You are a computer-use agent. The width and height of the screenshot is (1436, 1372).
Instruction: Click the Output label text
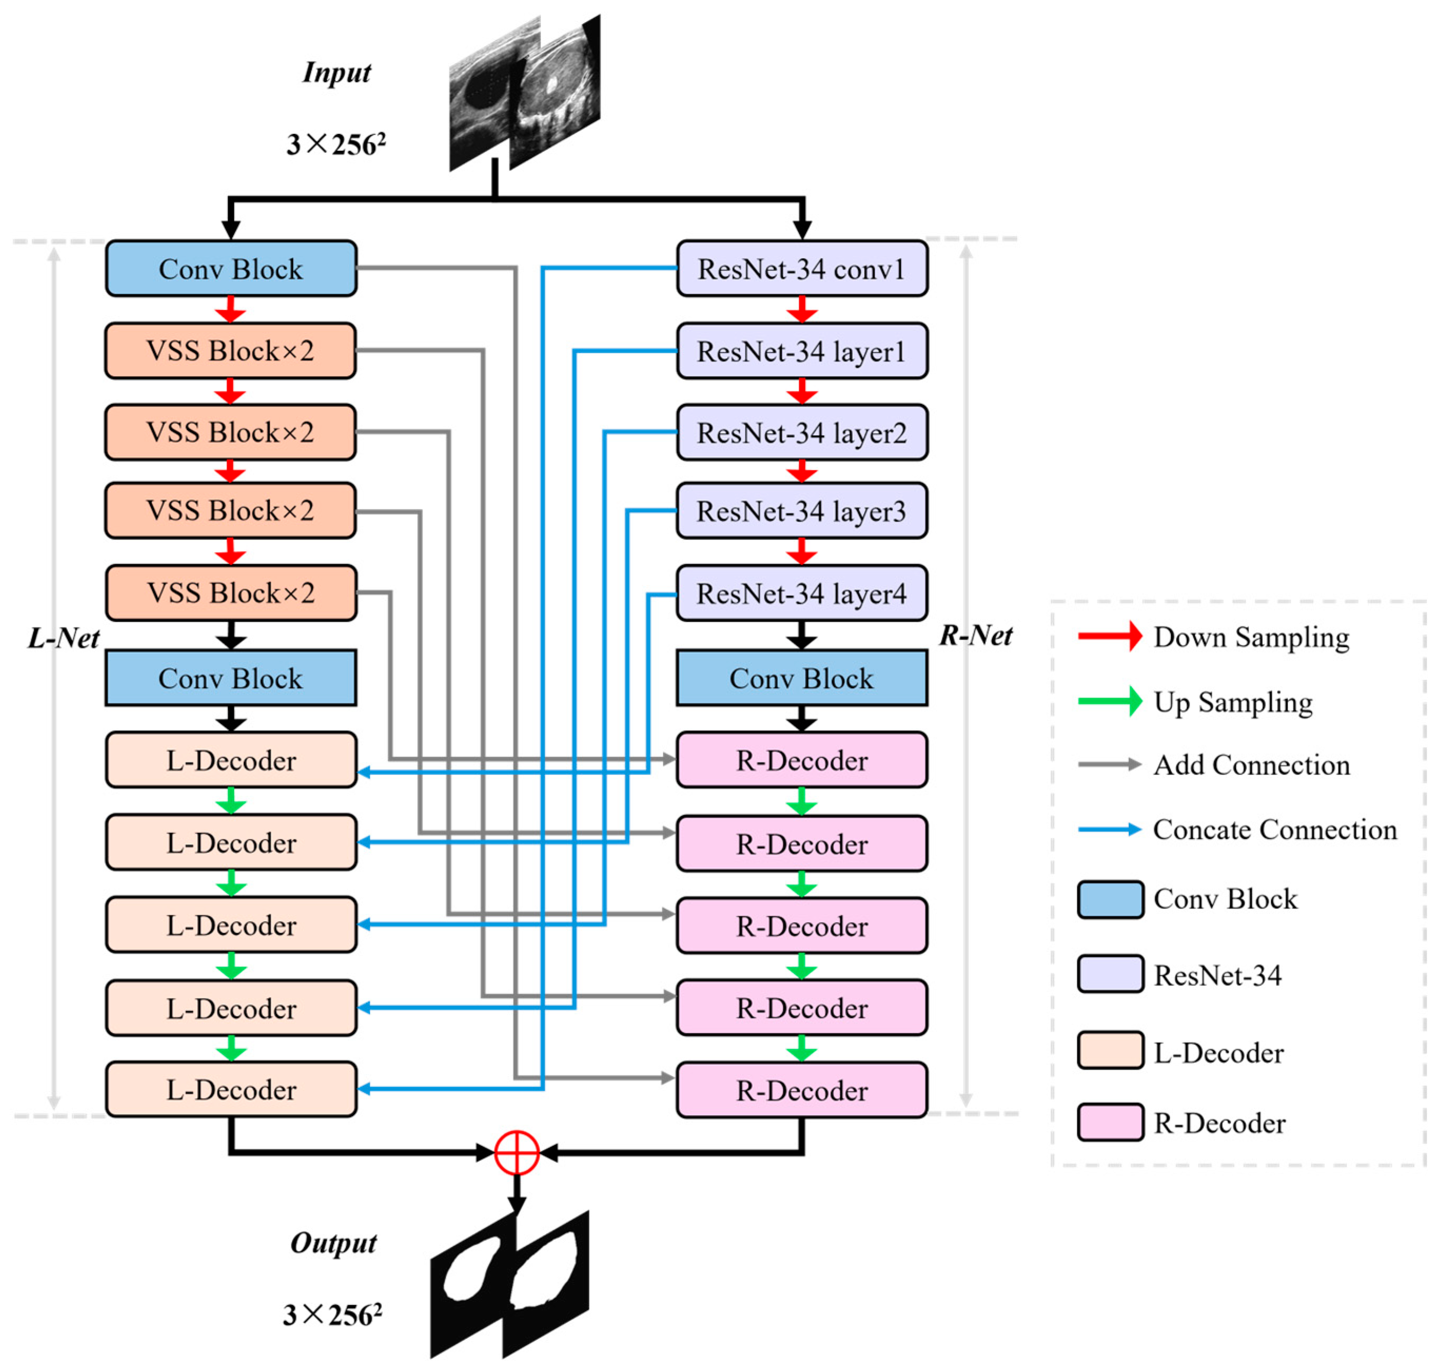[333, 1242]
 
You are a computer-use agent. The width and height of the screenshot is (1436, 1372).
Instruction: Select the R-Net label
[976, 635]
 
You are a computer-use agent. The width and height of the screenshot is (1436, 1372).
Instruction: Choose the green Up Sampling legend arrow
[1109, 701]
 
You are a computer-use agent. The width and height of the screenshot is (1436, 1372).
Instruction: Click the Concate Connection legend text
[1274, 829]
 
